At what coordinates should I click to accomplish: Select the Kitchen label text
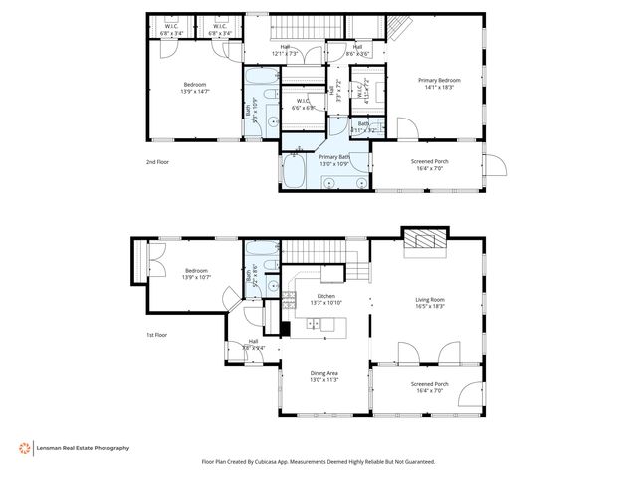(x=326, y=297)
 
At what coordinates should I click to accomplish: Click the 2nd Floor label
(x=158, y=160)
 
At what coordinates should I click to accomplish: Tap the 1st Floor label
(x=158, y=335)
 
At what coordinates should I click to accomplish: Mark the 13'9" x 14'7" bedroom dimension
(x=194, y=91)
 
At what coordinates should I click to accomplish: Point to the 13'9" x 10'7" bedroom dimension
(x=194, y=276)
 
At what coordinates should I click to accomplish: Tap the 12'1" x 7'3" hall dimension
(x=285, y=53)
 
